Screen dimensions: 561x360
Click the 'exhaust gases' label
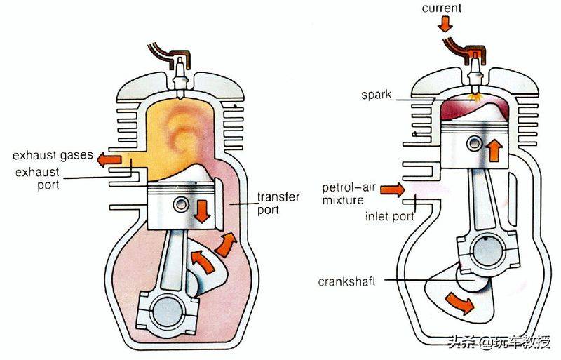[53, 155]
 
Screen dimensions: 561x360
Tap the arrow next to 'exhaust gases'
[109, 159]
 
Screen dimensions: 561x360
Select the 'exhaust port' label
[37, 178]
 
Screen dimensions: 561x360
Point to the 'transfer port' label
[278, 203]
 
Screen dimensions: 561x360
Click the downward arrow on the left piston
[202, 211]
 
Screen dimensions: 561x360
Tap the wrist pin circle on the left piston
[181, 205]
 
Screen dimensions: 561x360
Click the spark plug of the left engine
[180, 77]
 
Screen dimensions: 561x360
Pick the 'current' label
[442, 8]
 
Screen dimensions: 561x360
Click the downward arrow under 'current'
[445, 24]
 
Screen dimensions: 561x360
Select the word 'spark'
[377, 95]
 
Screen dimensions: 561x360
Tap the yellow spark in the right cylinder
[475, 97]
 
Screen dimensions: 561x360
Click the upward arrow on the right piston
[494, 150]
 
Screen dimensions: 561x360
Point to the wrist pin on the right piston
[475, 144]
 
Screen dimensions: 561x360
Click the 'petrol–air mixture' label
[349, 194]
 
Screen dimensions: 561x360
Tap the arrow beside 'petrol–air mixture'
[392, 189]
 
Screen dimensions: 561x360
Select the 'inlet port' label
[389, 216]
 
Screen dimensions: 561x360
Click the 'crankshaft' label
[346, 281]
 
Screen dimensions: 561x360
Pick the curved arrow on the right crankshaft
[461, 302]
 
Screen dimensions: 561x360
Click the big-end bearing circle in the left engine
[168, 311]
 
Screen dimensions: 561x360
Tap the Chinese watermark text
[499, 342]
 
